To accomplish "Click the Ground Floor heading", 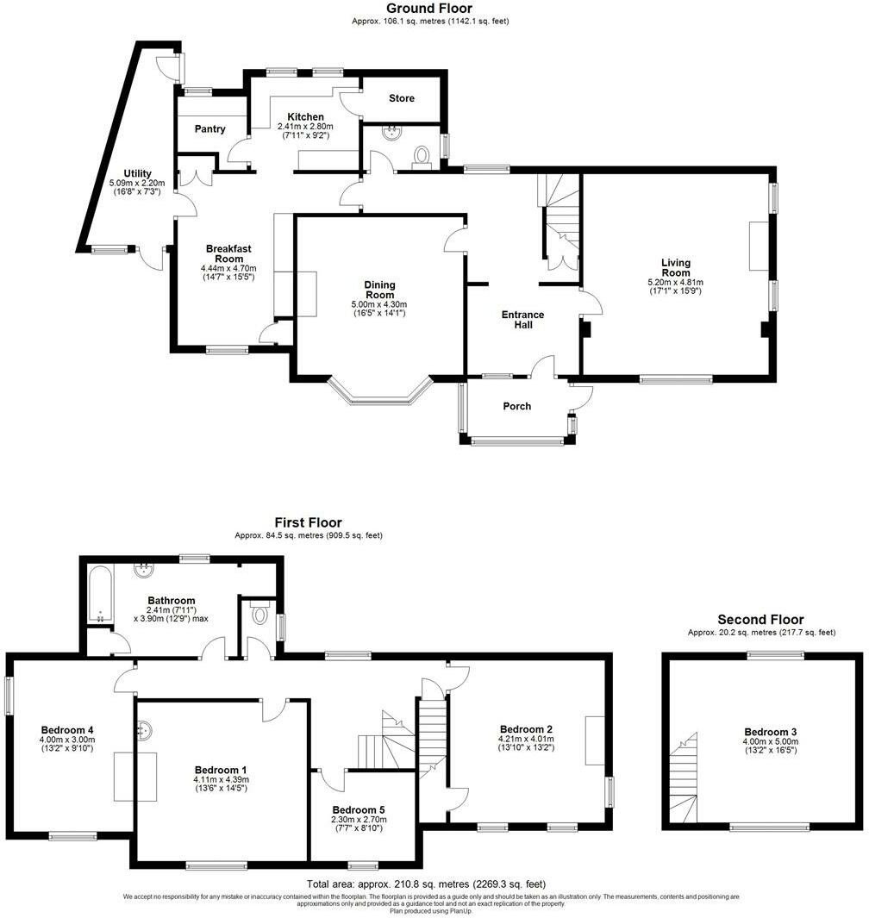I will click(x=429, y=9).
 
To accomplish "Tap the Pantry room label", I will click(x=209, y=129).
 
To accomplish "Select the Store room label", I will click(x=401, y=98).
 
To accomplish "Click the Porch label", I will click(x=516, y=406).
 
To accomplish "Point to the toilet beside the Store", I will click(x=422, y=155).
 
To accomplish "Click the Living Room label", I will click(x=676, y=267).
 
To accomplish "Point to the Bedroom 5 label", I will click(x=359, y=810).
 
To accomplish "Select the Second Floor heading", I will click(x=760, y=620).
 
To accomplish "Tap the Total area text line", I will click(x=426, y=884).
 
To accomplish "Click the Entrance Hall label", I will click(x=523, y=320).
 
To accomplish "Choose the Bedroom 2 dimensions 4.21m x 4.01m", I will click(x=525, y=739).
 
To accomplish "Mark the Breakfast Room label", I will click(x=228, y=253).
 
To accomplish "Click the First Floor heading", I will click(x=308, y=522).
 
